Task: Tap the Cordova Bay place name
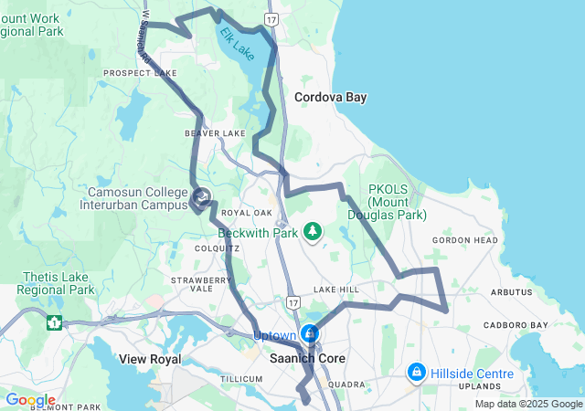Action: click(330, 98)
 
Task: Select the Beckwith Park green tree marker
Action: click(314, 230)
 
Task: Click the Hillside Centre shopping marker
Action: click(417, 372)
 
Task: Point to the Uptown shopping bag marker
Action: click(311, 333)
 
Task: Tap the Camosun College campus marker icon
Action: click(201, 195)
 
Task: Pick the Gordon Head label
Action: click(465, 240)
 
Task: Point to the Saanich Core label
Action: click(307, 359)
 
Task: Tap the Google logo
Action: click(29, 400)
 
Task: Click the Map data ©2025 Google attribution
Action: click(528, 404)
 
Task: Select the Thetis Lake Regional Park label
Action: click(47, 283)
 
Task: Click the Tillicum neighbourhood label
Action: click(242, 378)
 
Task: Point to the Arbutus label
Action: click(510, 292)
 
